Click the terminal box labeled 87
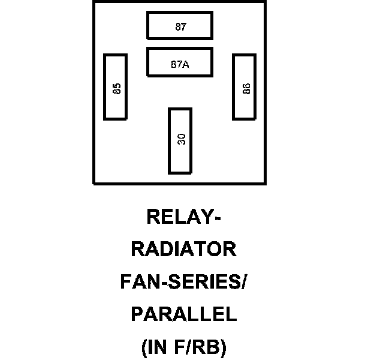pyautogui.click(x=180, y=26)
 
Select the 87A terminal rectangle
pyautogui.click(x=180, y=62)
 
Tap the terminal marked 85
pyautogui.click(x=116, y=87)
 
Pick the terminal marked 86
pyautogui.click(x=245, y=87)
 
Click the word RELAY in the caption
pyautogui.click(x=178, y=215)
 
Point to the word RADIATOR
pyautogui.click(x=183, y=249)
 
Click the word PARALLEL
pyautogui.click(x=183, y=314)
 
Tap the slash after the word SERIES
pyautogui.click(x=242, y=282)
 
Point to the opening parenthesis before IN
pyautogui.click(x=144, y=348)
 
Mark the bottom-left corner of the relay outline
pyautogui.click(x=94, y=183)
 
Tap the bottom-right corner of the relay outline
pyautogui.click(x=264, y=183)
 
